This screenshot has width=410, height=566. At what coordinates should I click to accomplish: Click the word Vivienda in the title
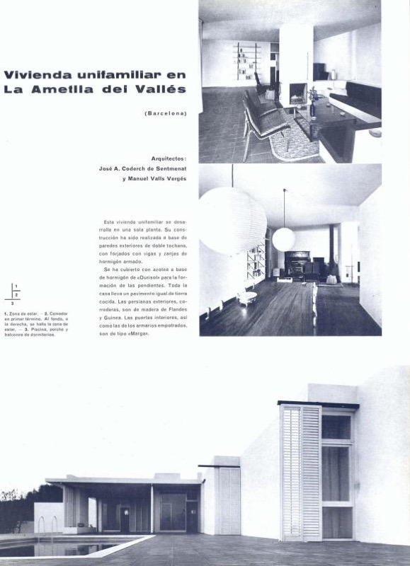(x=35, y=75)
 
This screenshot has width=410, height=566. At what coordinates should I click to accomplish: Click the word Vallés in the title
(x=164, y=89)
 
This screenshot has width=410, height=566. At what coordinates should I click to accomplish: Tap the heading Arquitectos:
(x=169, y=158)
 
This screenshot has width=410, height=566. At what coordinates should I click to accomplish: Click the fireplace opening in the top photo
(x=297, y=92)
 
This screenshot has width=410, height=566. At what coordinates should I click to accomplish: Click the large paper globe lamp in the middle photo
(x=232, y=220)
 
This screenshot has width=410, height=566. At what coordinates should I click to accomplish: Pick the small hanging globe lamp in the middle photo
(x=283, y=239)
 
